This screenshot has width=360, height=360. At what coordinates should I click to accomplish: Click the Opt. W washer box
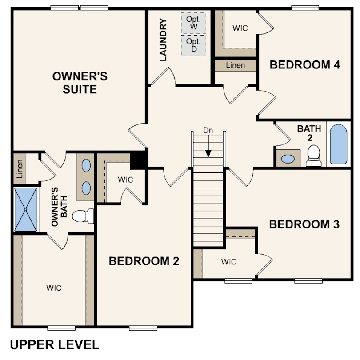pyautogui.click(x=193, y=23)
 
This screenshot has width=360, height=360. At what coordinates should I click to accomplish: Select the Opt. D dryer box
pyautogui.click(x=193, y=45)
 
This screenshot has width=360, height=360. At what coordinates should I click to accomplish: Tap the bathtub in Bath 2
pyautogui.click(x=338, y=144)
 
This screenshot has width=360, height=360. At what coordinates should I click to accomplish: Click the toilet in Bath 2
pyautogui.click(x=314, y=156)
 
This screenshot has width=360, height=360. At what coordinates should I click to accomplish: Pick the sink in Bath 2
pyautogui.click(x=288, y=159)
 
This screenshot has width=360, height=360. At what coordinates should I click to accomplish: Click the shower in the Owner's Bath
pyautogui.click(x=26, y=209)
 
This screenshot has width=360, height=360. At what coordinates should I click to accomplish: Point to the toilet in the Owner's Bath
pyautogui.click(x=83, y=216)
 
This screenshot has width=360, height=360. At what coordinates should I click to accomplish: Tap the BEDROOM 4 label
pyautogui.click(x=305, y=65)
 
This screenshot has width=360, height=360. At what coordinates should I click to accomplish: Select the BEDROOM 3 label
pyautogui.click(x=304, y=224)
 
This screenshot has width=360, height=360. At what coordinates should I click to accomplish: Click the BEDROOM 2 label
pyautogui.click(x=144, y=261)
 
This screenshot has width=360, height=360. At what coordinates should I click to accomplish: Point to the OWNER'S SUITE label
pyautogui.click(x=80, y=83)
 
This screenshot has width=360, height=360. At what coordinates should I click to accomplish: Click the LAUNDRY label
pyautogui.click(x=163, y=40)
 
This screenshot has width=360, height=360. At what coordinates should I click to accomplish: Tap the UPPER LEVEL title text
pyautogui.click(x=55, y=344)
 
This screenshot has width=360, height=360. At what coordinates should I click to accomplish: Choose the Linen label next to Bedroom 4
pyautogui.click(x=235, y=65)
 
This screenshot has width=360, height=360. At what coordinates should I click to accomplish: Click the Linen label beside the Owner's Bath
pyautogui.click(x=20, y=169)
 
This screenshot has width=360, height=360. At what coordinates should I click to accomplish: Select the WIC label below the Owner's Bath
pyautogui.click(x=54, y=288)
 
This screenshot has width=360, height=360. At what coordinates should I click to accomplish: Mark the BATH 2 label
pyautogui.click(x=309, y=133)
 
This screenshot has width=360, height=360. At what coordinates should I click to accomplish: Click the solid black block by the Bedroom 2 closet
pyautogui.click(x=139, y=160)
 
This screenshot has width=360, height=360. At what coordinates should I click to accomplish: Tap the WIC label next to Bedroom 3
pyautogui.click(x=229, y=262)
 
